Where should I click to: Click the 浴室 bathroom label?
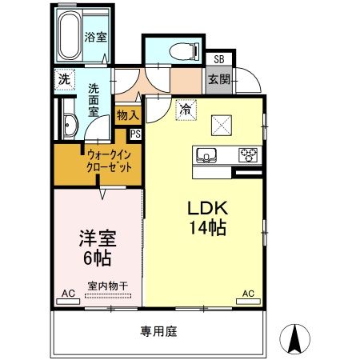pos(96,37)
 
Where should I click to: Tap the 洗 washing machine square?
pos(63,80)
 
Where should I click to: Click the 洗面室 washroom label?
pos(94,100)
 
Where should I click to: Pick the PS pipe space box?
pos(135,134)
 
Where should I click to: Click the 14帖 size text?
pos(206,228)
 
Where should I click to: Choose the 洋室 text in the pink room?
pos(95,238)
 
